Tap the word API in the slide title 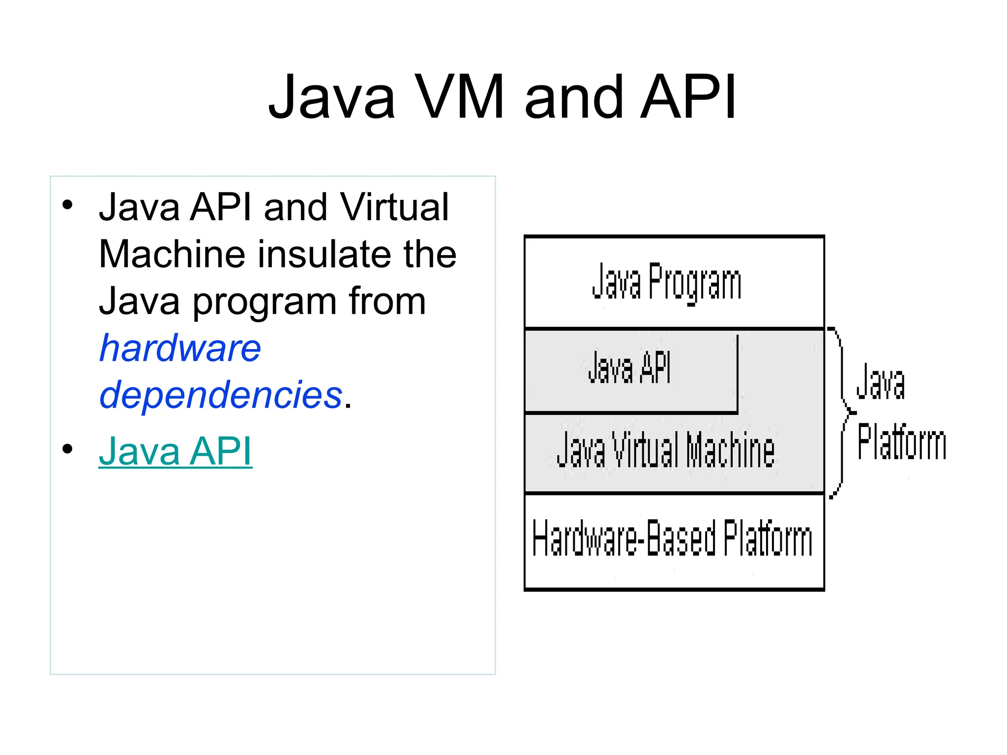688,97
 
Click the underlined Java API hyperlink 175,451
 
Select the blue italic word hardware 180,348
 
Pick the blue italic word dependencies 221,395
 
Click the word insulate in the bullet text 326,254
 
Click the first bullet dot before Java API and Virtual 67,204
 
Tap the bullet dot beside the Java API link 67,449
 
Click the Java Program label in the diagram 666,282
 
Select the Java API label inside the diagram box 629,368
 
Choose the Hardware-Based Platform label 672,539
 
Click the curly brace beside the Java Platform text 842,412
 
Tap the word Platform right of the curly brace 901,443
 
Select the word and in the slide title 574,97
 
